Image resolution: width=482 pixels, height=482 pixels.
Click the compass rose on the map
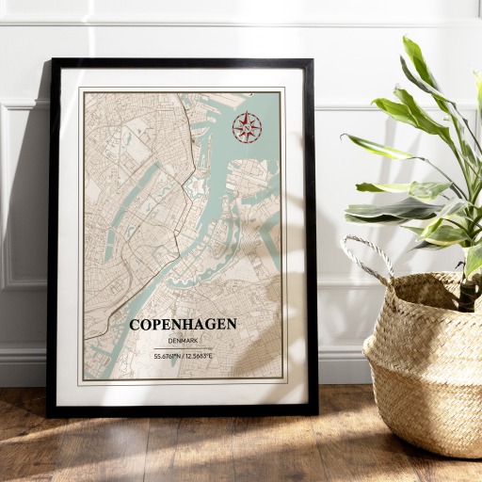tap(246, 127)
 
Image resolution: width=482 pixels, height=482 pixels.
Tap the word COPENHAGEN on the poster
tap(183, 325)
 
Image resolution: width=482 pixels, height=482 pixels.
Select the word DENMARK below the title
tap(183, 340)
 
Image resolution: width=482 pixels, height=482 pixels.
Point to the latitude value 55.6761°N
tap(168, 356)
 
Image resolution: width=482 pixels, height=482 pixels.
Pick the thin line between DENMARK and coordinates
tap(183, 347)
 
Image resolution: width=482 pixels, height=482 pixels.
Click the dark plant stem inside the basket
tap(467, 292)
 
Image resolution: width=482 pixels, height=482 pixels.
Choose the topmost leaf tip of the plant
tap(409, 40)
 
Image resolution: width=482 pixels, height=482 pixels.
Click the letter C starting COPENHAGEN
tap(135, 325)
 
